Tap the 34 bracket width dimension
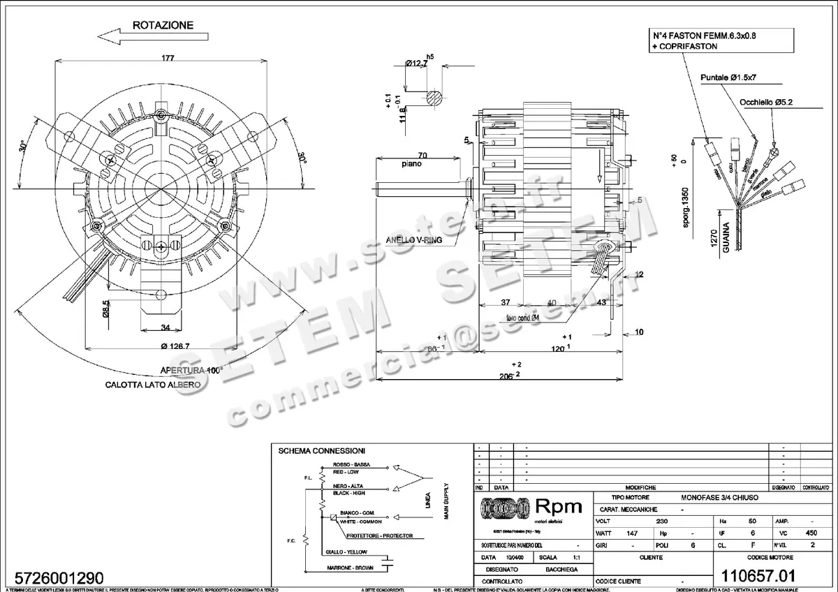point(166,327)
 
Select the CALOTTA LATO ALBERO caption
point(153,385)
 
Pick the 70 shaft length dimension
point(422,155)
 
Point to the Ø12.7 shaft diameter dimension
point(416,64)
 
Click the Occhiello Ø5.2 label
point(771,102)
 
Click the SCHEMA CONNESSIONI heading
point(321,451)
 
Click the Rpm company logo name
point(558,508)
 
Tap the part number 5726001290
point(54,578)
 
